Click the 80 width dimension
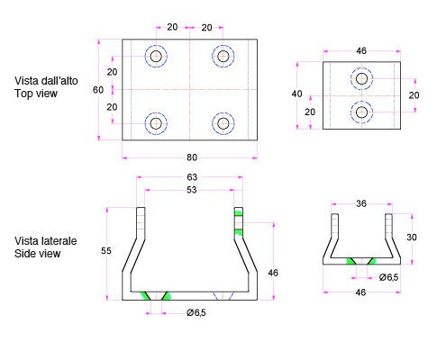(192, 157)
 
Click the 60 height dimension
(98, 90)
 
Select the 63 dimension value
(192, 177)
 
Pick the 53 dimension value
(192, 190)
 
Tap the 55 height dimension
(106, 250)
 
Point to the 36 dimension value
(361, 203)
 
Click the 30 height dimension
(412, 238)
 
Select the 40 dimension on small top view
(296, 94)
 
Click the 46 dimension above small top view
(361, 50)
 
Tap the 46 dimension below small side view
(360, 292)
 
